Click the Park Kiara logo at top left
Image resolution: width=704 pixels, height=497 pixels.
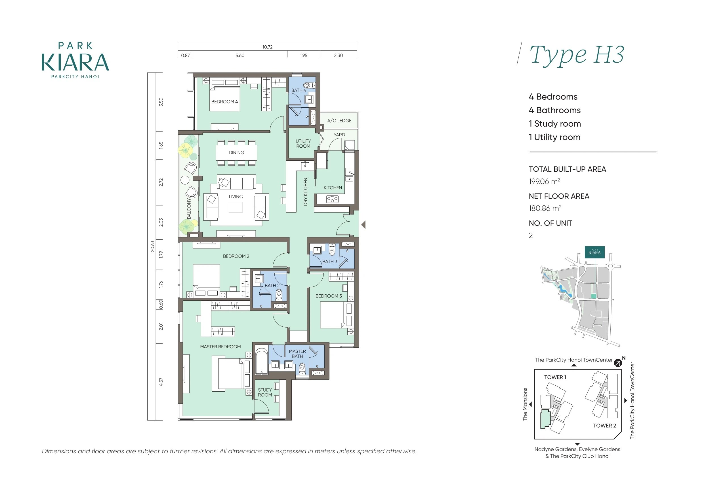click(x=75, y=60)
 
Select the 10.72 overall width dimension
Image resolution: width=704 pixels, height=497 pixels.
click(x=267, y=47)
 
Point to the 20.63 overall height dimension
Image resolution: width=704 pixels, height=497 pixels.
click(x=152, y=246)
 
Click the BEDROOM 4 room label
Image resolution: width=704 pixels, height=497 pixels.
click(x=224, y=102)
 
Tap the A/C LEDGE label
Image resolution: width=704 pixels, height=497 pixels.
click(x=339, y=121)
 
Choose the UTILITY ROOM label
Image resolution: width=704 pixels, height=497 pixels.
click(x=303, y=144)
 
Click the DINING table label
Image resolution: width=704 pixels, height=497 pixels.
click(x=236, y=152)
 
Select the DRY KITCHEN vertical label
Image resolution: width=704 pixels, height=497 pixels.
click(x=305, y=192)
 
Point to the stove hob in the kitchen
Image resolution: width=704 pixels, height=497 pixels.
click(x=332, y=199)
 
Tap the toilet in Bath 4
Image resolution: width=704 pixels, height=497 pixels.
click(x=308, y=85)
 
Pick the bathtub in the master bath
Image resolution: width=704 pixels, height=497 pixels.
click(x=262, y=362)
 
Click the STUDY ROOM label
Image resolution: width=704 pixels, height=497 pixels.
click(x=265, y=392)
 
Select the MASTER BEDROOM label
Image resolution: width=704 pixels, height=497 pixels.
click(x=220, y=347)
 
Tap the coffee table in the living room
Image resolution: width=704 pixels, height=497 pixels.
click(x=236, y=207)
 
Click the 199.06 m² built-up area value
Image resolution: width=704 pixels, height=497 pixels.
click(x=544, y=181)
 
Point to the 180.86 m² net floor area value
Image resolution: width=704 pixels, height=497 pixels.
click(x=545, y=208)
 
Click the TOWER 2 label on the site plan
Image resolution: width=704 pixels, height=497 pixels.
click(x=604, y=426)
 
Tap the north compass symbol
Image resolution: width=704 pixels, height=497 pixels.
click(x=618, y=363)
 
